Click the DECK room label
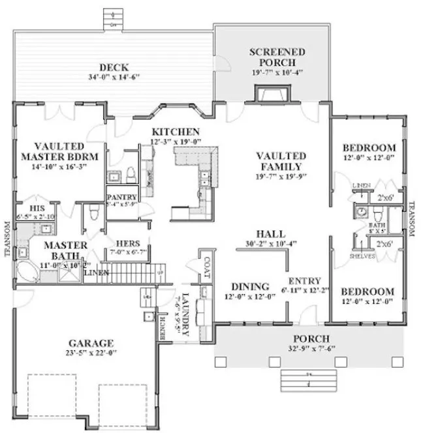pos(114,67)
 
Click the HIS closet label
pos(28,201)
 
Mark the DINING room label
pos(251,286)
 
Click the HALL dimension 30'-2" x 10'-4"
pos(270,244)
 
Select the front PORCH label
pos(311,338)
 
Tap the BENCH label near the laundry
pos(163,323)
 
